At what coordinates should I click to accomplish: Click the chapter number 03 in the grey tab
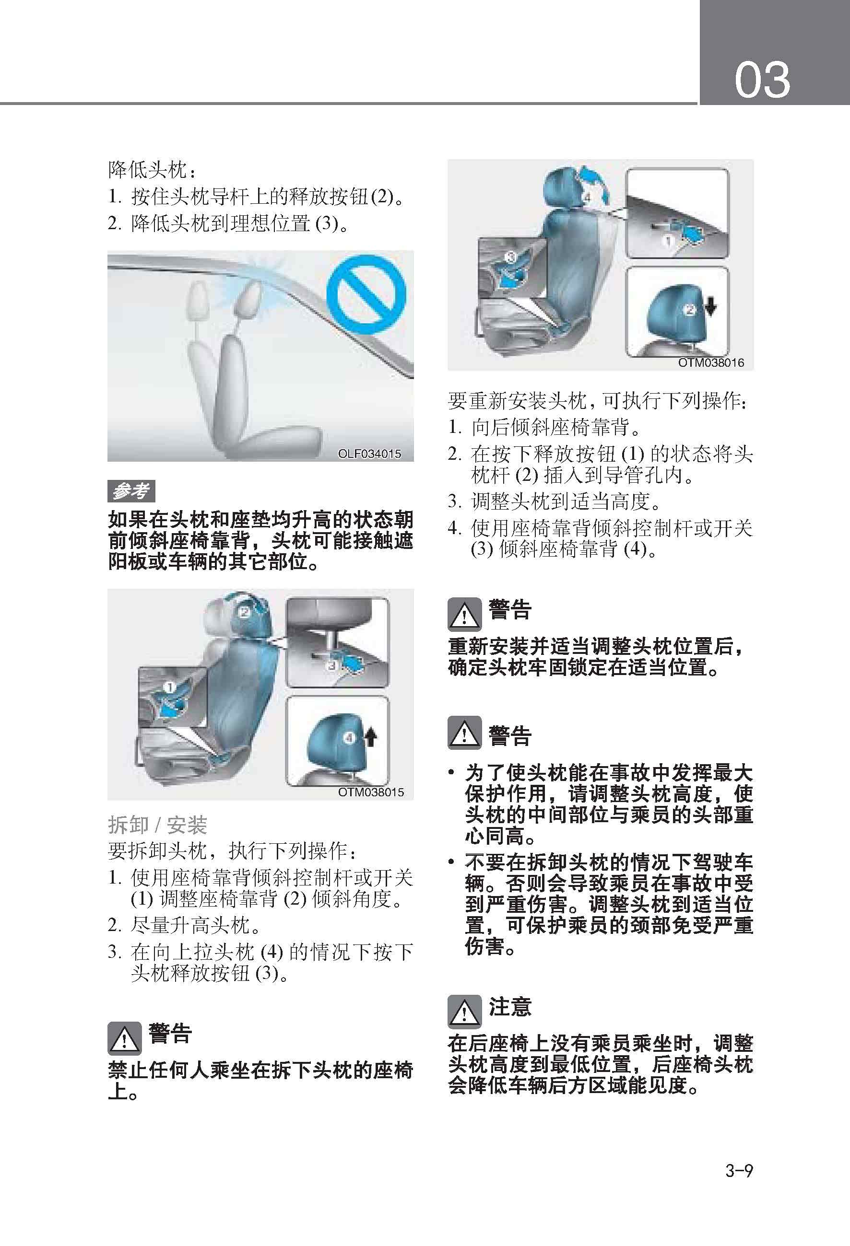762,80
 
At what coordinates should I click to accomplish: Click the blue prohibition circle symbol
366,294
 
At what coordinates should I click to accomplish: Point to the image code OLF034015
369,454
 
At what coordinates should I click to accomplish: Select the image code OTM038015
371,792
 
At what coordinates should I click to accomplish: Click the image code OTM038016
711,362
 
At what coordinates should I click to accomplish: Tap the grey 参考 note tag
131,490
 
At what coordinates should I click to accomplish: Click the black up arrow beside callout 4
370,738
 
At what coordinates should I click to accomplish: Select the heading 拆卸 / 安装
158,825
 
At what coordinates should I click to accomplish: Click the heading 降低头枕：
153,171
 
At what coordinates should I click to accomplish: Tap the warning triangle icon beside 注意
464,1011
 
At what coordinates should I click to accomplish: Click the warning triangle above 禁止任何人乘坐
124,1038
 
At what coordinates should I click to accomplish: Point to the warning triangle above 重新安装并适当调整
464,615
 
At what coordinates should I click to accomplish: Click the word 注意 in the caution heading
509,1006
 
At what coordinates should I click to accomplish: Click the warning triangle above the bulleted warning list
464,733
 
